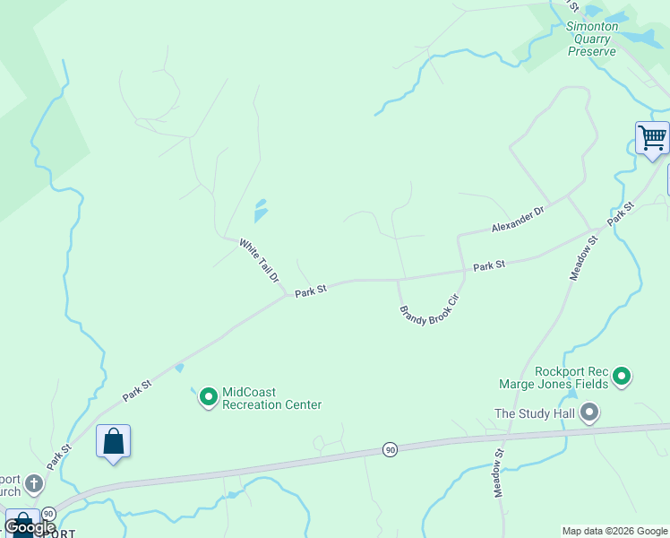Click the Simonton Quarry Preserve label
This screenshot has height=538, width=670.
[x=591, y=39]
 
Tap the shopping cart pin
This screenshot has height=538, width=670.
[x=652, y=139]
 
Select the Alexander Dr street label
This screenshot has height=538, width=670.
[x=518, y=220]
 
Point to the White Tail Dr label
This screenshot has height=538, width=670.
[x=260, y=260]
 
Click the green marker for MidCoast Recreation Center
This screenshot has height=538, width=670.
[x=209, y=395]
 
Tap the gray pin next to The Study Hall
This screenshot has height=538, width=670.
[x=589, y=412]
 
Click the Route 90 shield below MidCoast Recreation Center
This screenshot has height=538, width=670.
[x=390, y=448]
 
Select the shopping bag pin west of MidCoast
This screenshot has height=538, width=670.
[x=113, y=441]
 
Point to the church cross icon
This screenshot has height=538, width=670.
[x=34, y=484]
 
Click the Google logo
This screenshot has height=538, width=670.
[x=30, y=527]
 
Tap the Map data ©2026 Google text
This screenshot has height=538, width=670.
[x=614, y=531]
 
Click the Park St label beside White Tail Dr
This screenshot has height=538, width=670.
[x=311, y=290]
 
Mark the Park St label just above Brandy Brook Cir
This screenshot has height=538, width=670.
[x=489, y=265]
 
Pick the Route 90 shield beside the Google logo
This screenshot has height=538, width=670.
[x=48, y=514]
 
